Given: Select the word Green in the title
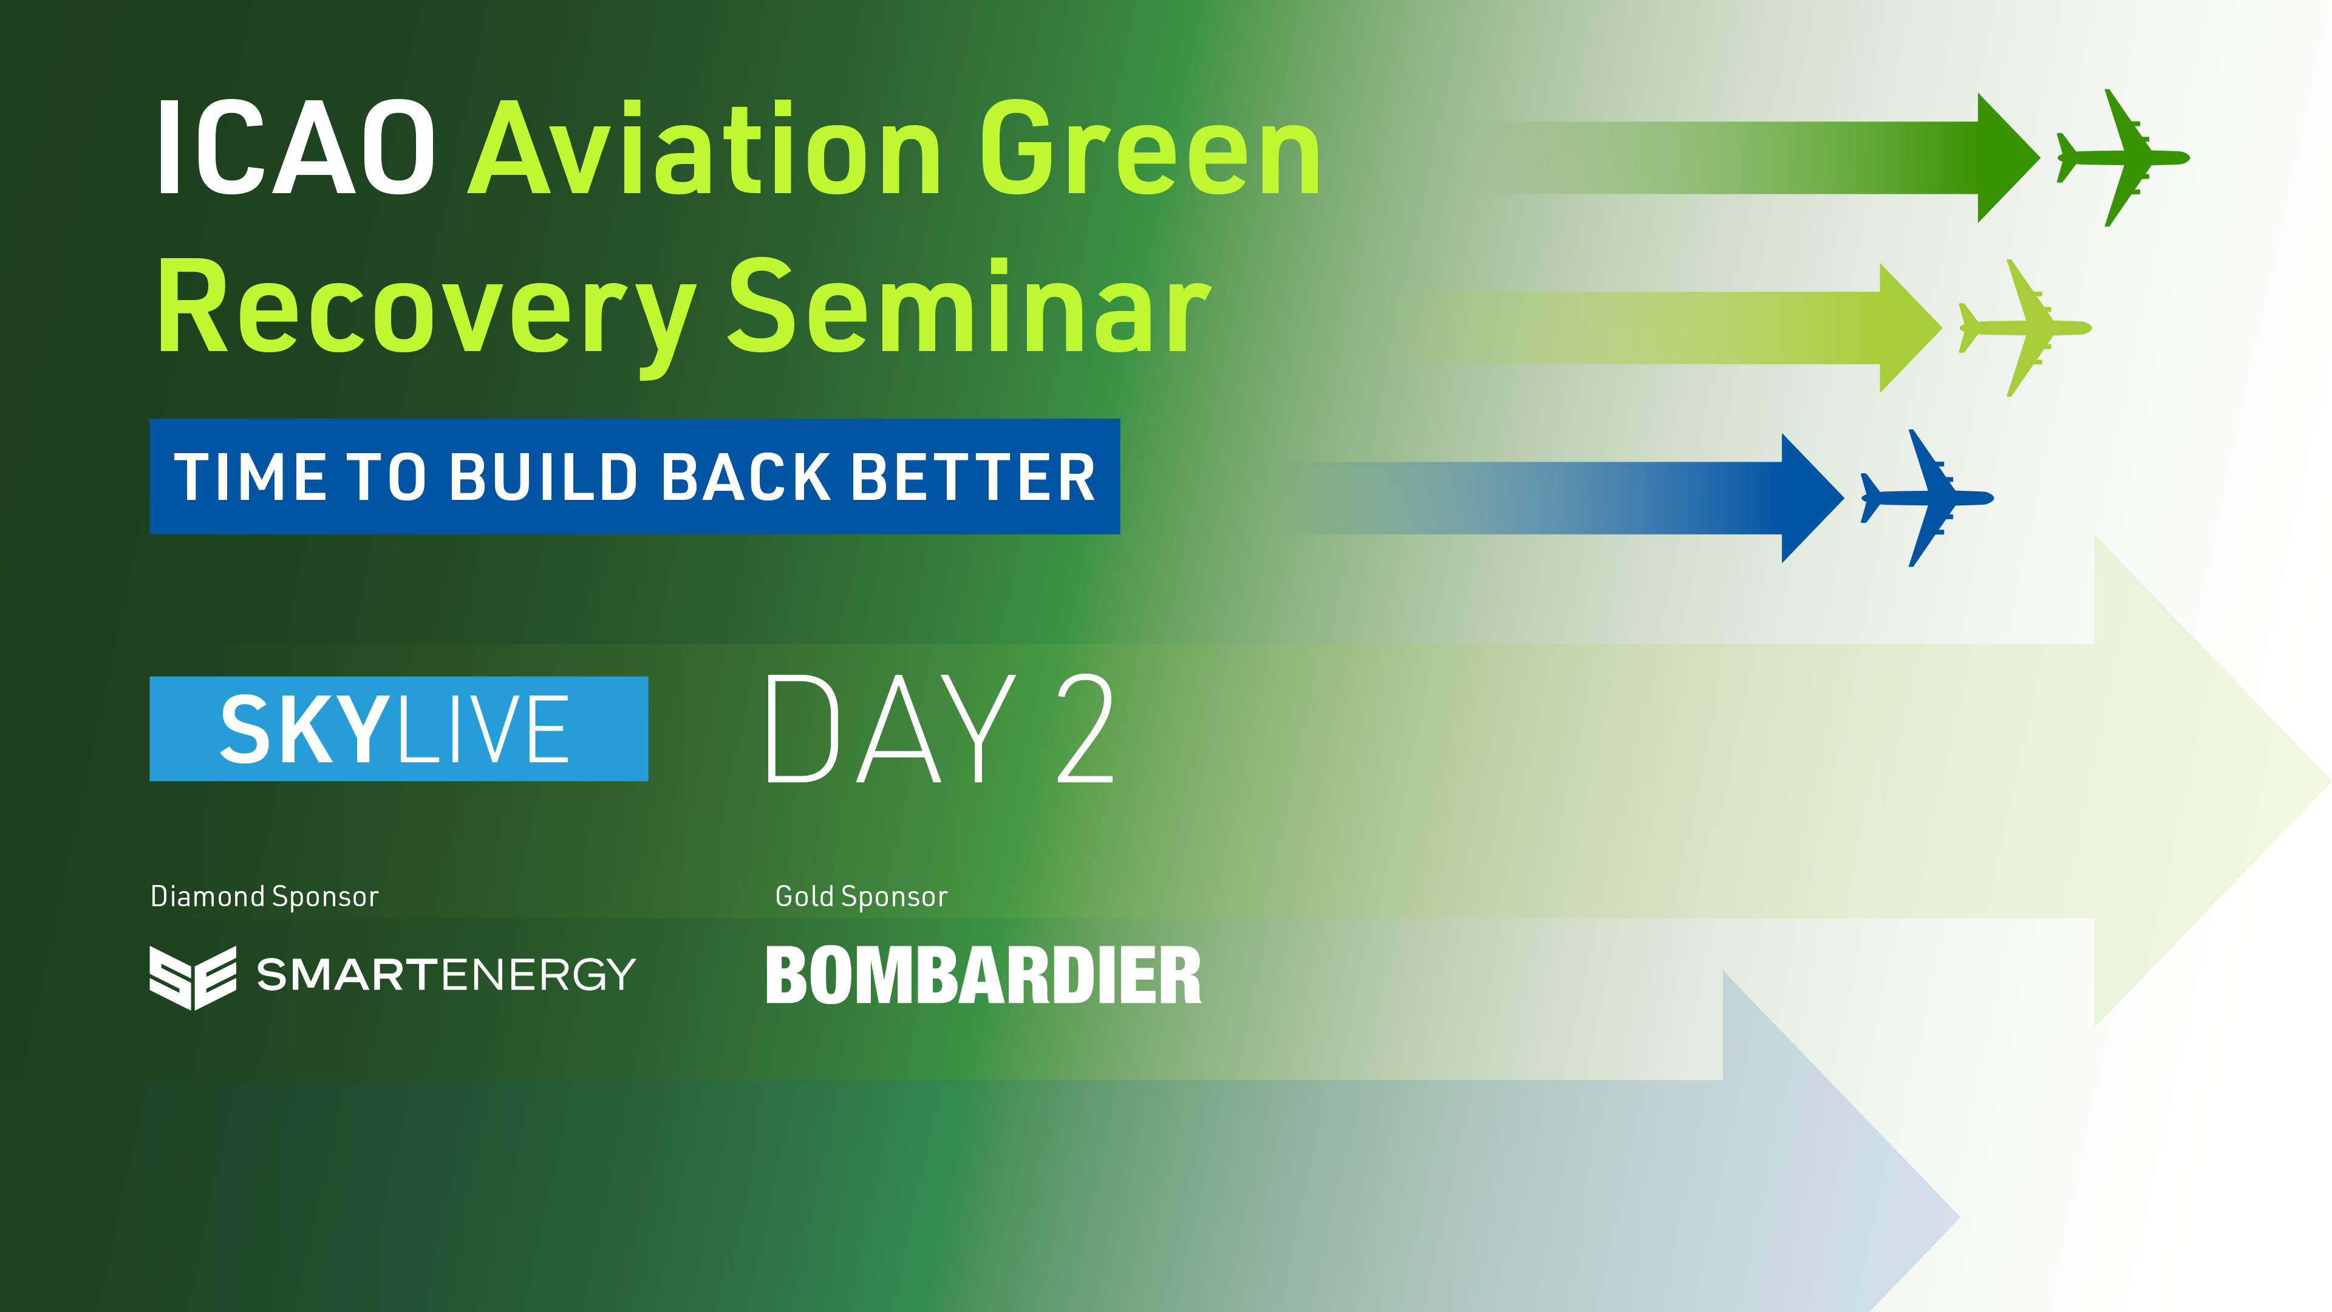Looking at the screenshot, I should coord(1150,149).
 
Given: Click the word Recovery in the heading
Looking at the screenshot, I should coord(426,308).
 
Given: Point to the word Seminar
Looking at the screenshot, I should coord(969,308).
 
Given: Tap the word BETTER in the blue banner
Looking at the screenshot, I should coord(973,477).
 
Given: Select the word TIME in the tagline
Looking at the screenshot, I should coord(250,477).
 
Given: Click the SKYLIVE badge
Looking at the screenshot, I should coord(398,729).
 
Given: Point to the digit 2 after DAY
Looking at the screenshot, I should coord(1085,729).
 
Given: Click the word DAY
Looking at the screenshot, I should coord(892,729).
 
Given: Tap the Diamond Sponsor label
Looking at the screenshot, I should coord(264,897).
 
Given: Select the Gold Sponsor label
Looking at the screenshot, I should coord(861,897).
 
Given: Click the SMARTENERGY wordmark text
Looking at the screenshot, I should coord(446,975).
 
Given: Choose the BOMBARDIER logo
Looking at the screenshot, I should coord(983,975).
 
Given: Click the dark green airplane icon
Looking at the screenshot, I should coord(2123,157).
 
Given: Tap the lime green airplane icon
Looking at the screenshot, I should coord(2025,328).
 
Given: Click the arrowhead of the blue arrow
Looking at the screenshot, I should coord(1809,498).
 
